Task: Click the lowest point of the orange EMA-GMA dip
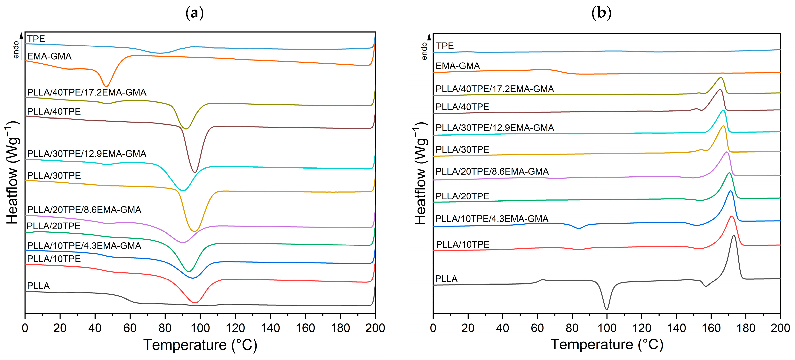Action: [106, 86]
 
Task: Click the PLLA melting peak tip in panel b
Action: [734, 236]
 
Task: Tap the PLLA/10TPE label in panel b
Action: [462, 244]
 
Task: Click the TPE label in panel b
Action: [445, 46]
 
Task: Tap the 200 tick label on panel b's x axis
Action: [780, 328]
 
